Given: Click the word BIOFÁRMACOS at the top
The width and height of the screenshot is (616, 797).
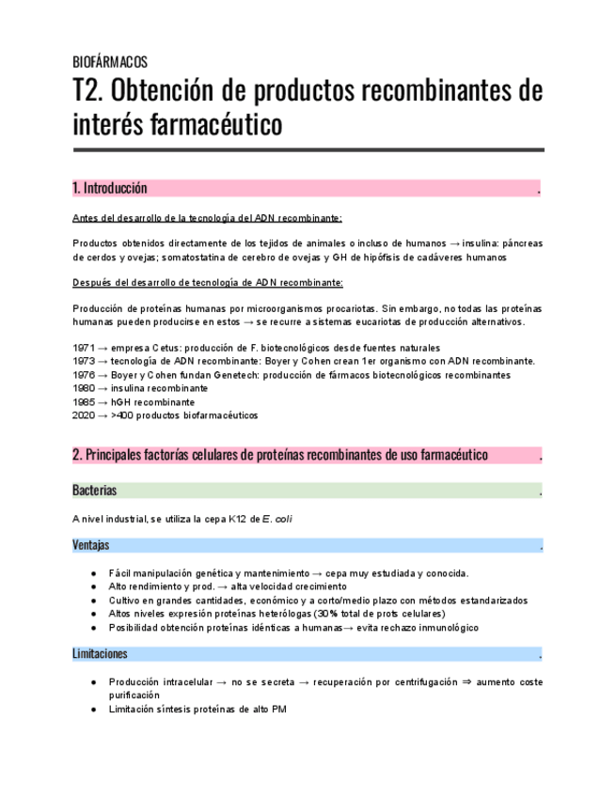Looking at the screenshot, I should [x=109, y=62].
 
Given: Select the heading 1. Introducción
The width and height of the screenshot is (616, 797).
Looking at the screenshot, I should [x=109, y=188].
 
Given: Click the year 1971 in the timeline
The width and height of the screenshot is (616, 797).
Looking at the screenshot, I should [x=83, y=347].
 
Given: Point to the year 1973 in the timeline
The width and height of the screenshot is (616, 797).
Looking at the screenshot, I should [x=83, y=361].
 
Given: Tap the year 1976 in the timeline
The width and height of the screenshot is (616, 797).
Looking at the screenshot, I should [x=83, y=374].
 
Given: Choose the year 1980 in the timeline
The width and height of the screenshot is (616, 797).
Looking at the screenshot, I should [x=83, y=387].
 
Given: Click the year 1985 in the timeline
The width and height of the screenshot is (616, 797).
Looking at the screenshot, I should [x=83, y=401].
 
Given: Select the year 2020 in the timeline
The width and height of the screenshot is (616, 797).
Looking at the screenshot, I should [x=83, y=414].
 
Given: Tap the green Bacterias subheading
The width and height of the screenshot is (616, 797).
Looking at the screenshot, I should [x=94, y=491].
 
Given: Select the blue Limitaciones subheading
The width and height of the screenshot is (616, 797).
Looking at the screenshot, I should [x=100, y=653].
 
